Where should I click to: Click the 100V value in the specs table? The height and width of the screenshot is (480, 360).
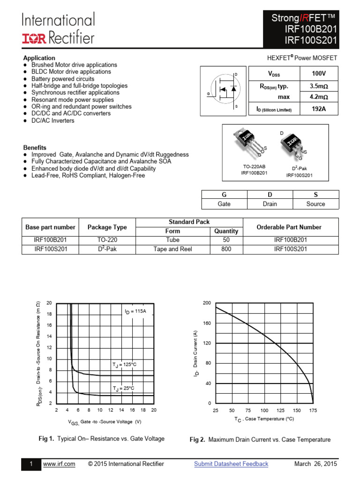click(x=317, y=74)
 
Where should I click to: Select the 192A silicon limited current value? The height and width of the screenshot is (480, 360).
click(x=317, y=109)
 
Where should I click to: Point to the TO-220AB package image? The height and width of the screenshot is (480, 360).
click(x=247, y=142)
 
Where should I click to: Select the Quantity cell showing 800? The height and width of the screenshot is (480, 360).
click(x=226, y=249)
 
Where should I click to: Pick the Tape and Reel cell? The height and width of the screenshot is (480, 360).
click(x=172, y=249)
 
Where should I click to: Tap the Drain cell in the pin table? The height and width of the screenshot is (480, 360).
click(x=270, y=204)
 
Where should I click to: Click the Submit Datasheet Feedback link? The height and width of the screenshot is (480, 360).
click(x=231, y=464)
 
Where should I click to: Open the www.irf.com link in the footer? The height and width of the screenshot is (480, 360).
click(x=59, y=464)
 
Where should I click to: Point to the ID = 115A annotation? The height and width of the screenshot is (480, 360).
click(x=135, y=311)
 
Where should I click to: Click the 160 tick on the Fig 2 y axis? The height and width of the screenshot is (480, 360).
click(x=207, y=323)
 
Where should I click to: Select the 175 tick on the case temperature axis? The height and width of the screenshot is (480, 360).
click(x=313, y=411)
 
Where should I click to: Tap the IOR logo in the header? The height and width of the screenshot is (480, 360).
click(x=34, y=38)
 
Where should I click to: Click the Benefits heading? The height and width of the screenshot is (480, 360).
click(x=35, y=148)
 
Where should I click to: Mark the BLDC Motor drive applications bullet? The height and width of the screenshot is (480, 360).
click(x=71, y=72)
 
